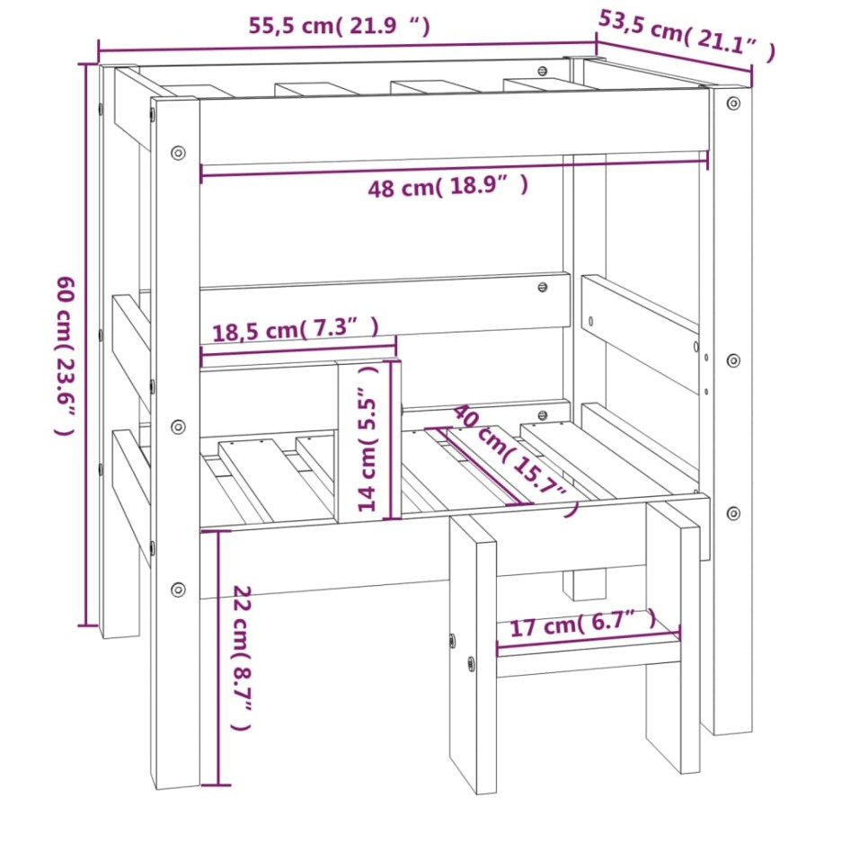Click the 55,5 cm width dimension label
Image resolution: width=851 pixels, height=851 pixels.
pos(339,26)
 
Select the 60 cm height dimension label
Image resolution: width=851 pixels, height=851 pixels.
pos(64,354)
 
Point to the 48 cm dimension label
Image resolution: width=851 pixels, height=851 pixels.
pos(447,187)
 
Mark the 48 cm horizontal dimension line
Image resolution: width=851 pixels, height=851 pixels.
pos(454,165)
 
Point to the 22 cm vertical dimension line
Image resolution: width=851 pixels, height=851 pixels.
pos(216,656)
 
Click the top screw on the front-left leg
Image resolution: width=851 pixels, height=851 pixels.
pos(178,152)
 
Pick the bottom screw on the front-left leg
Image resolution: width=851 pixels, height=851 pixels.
pos(178,589)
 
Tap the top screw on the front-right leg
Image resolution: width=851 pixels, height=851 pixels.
pos(733,103)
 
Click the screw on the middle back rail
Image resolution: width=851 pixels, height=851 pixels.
pos(542,288)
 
